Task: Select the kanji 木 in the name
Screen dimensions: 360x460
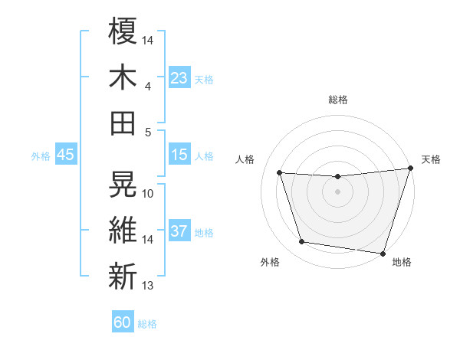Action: (x=123, y=78)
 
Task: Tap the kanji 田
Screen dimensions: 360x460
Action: (x=123, y=123)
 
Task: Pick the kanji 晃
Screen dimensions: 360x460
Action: (x=123, y=184)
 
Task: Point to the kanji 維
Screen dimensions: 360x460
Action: (x=123, y=231)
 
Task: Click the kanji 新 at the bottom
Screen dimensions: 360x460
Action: (x=123, y=277)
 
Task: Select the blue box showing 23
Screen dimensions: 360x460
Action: (x=179, y=77)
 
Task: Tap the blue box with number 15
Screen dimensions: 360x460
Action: (x=179, y=155)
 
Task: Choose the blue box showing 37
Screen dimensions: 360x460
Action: (x=179, y=231)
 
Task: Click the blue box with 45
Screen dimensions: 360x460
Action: (x=66, y=155)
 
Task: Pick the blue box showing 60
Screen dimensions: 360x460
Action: (x=123, y=322)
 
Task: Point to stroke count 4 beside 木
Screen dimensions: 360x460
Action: (x=148, y=87)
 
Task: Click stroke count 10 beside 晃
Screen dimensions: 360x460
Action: (x=148, y=193)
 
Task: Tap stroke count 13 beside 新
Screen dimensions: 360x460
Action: (x=148, y=286)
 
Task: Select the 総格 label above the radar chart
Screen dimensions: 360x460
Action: (x=338, y=100)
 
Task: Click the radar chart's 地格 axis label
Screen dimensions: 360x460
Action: (x=402, y=263)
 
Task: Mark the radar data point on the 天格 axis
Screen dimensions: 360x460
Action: (x=410, y=169)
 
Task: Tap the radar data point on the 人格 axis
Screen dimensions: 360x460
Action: (x=280, y=173)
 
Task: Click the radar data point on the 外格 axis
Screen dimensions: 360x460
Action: (x=302, y=242)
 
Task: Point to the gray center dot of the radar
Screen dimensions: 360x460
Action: (x=338, y=191)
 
